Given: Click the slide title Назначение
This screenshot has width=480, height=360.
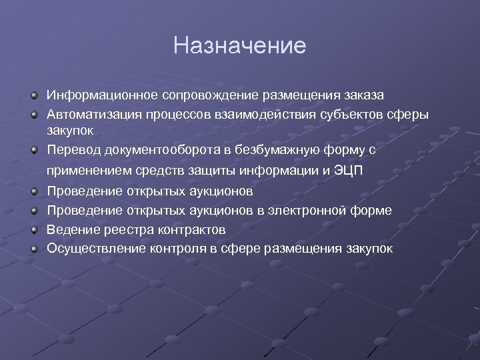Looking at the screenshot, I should (x=239, y=45).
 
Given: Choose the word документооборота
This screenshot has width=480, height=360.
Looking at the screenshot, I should (x=151, y=150).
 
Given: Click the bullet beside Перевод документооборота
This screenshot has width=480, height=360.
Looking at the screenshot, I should (x=33, y=150).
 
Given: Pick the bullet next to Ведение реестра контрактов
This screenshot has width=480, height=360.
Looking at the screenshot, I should (x=33, y=230).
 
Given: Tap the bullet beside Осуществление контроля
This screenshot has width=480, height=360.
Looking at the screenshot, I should (x=33, y=249).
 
